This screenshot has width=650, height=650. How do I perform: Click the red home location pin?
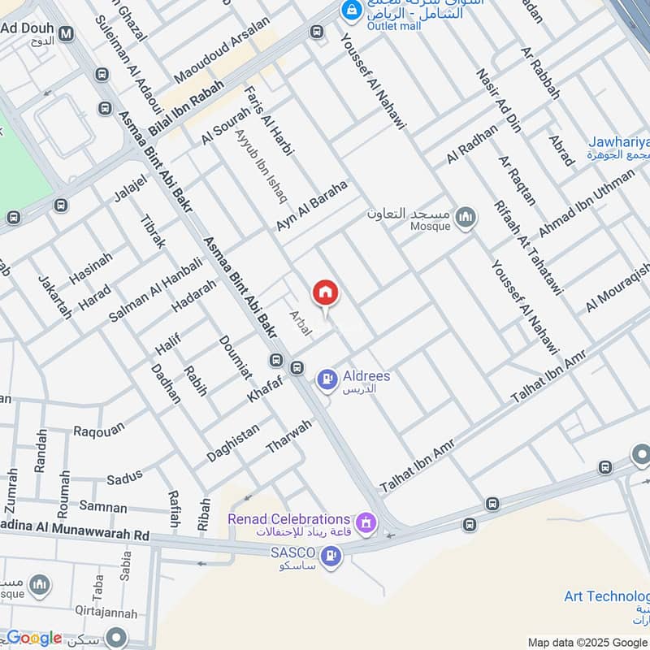point(325,293)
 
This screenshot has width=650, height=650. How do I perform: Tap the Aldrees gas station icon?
point(327,378)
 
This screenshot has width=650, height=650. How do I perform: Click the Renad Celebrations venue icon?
point(366,520)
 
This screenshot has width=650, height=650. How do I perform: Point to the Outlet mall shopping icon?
point(351,11)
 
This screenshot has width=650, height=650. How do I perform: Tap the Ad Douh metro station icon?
point(66,33)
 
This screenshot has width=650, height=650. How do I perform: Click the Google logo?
point(34,638)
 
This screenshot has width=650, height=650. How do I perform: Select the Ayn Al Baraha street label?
point(312,206)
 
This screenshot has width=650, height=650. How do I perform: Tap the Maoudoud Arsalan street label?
point(221,62)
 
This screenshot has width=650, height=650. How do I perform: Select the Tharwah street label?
point(288,437)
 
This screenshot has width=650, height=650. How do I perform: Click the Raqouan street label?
point(99,430)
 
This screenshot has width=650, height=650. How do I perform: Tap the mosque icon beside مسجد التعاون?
point(465,216)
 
